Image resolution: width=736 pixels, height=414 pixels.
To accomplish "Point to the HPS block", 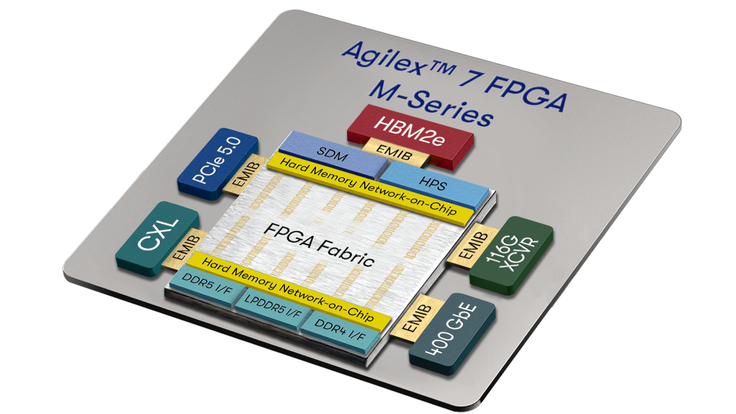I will [x=433, y=182].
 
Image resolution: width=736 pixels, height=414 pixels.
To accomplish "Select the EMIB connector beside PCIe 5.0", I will [x=246, y=175].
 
